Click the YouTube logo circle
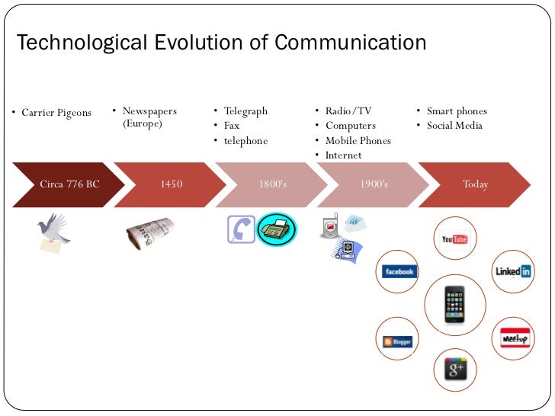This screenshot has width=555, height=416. click(x=454, y=239)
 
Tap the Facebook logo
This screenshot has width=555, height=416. click(x=399, y=272)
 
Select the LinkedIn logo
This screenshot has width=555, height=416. click(x=513, y=271)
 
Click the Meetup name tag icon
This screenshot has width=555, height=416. click(x=515, y=338)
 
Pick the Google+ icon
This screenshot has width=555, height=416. click(x=455, y=370)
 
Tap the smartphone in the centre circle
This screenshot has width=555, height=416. click(x=455, y=304)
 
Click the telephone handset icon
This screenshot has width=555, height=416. click(x=241, y=229)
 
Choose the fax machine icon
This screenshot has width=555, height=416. click(x=276, y=229)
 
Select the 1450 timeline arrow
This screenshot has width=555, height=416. click(x=172, y=184)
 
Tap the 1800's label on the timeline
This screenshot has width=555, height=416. click(x=273, y=184)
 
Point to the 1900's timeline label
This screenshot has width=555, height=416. click(x=374, y=184)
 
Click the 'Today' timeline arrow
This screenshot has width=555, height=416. click(x=476, y=184)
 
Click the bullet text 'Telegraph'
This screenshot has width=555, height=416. click(x=245, y=111)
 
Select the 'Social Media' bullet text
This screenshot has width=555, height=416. click(x=454, y=126)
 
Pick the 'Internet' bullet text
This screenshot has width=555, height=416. click(x=344, y=155)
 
